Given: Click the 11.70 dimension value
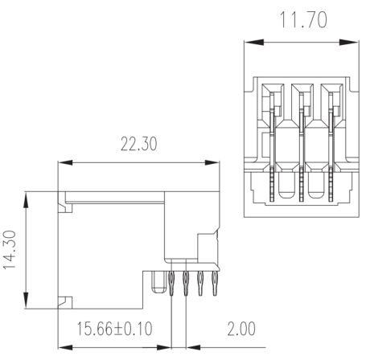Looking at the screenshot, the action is (x=303, y=20).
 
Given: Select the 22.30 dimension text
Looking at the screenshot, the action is (x=138, y=144).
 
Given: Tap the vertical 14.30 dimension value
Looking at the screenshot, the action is (x=10, y=249).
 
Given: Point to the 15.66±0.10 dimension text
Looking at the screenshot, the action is (x=115, y=329).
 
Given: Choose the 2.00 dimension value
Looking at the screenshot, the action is (x=241, y=329).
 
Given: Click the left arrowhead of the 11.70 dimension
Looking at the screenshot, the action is (x=254, y=42).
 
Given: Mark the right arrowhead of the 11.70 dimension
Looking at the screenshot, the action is (x=349, y=42).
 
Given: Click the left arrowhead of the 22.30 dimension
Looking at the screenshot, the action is (x=65, y=162).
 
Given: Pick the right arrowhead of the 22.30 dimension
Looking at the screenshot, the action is (x=212, y=162).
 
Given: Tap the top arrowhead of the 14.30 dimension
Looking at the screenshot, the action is (x=26, y=200).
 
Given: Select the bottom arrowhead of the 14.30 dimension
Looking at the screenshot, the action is (x=26, y=301).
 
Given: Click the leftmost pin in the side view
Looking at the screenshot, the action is (x=171, y=284).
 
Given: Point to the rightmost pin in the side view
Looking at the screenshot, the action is (x=215, y=284).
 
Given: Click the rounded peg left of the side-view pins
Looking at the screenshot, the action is (x=158, y=282).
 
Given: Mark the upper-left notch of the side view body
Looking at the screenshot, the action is (x=65, y=202).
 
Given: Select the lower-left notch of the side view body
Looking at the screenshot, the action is (x=65, y=303).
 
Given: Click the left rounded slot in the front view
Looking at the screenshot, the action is (x=286, y=186).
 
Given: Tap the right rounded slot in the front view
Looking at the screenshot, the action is (x=315, y=186).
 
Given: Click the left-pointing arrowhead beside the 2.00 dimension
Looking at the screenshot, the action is (x=194, y=347).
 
